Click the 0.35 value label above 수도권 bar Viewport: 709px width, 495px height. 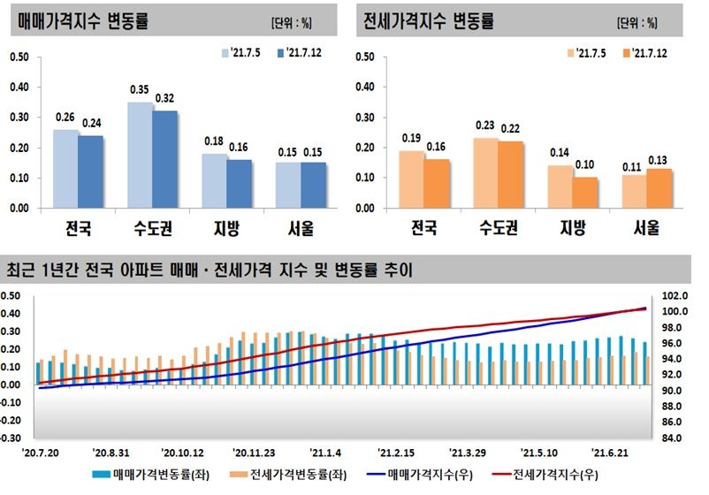pos(140,90)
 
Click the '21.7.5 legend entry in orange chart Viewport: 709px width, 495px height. pos(587,53)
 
